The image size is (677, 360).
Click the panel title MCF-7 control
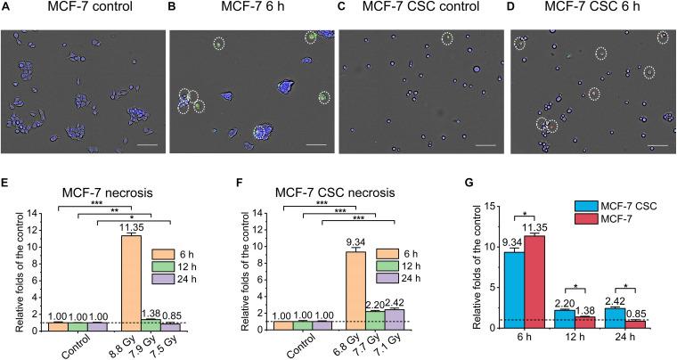tap(86, 11)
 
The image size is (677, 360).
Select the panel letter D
tap(513, 11)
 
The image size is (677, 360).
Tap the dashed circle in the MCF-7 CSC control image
tap(449, 37)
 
